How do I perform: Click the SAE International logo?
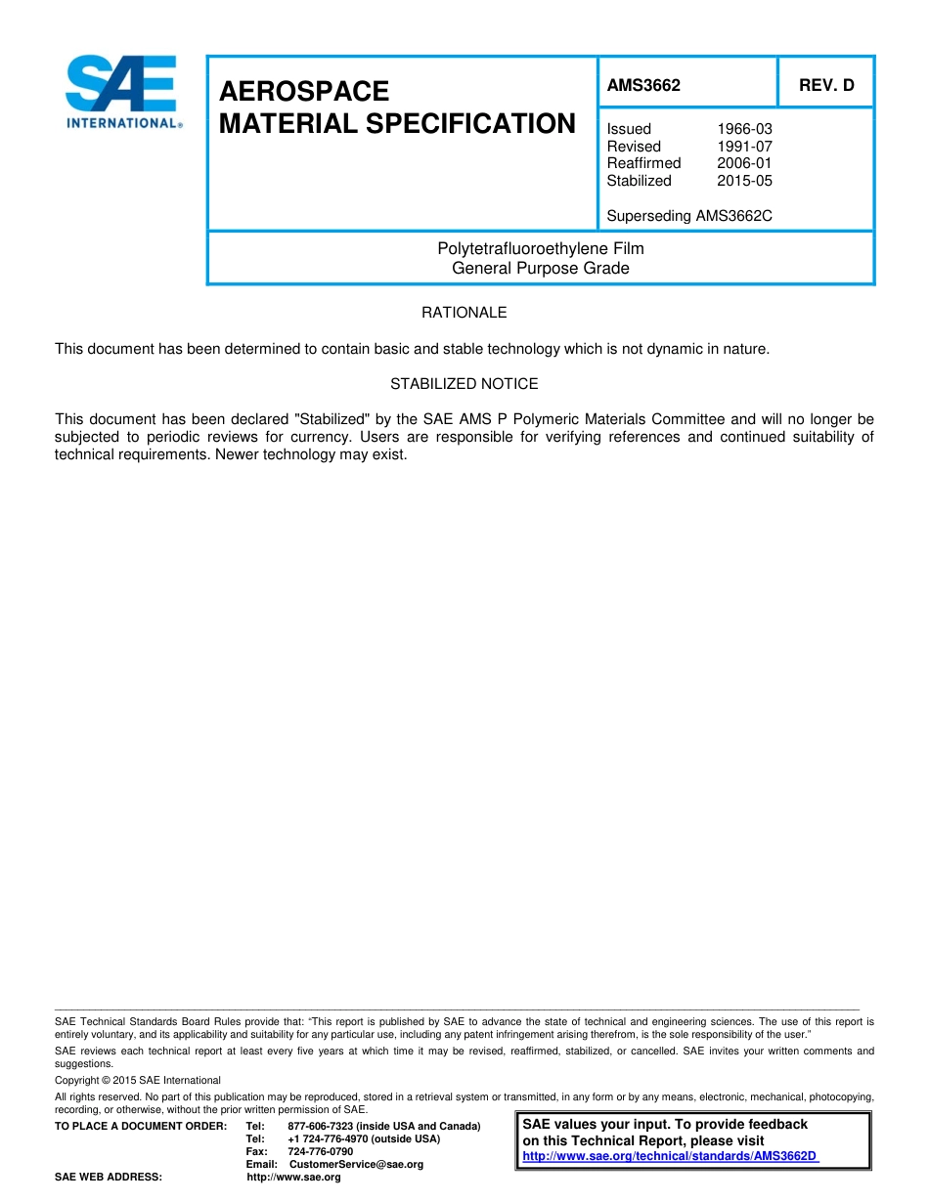point(122,91)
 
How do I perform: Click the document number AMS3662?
point(643,85)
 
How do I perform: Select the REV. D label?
point(826,85)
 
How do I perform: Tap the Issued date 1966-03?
point(744,129)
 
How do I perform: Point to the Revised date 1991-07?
point(744,147)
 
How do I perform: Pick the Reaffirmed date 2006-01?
point(744,163)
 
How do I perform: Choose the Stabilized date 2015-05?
point(744,181)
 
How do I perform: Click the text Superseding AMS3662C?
point(689,216)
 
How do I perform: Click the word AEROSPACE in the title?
point(304,91)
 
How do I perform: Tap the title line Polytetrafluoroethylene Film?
point(541,249)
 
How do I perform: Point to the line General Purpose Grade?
point(541,268)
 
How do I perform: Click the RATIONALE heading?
point(464,313)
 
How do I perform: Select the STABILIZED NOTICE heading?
point(464,384)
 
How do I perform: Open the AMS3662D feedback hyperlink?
point(670,1156)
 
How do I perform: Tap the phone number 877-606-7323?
point(321,1127)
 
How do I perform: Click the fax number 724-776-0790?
point(321,1152)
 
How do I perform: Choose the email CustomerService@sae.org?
point(357,1165)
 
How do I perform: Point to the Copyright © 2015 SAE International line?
point(138,1081)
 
